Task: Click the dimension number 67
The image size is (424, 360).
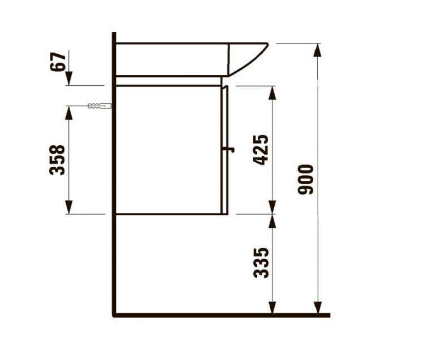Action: point(58,61)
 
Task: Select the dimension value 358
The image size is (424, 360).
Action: point(58,160)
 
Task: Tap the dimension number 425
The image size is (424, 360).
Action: point(261,150)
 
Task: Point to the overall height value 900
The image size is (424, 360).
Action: point(306,179)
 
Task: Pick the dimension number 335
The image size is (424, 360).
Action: point(261,263)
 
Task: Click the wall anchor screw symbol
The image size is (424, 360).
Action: point(99,106)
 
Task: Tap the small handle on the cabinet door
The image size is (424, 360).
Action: point(229,150)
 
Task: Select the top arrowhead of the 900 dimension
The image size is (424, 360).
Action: point(318,50)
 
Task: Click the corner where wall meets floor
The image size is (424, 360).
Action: point(114,315)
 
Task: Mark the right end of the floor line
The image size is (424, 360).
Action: point(328,315)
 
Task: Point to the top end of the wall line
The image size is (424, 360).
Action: point(114,34)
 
